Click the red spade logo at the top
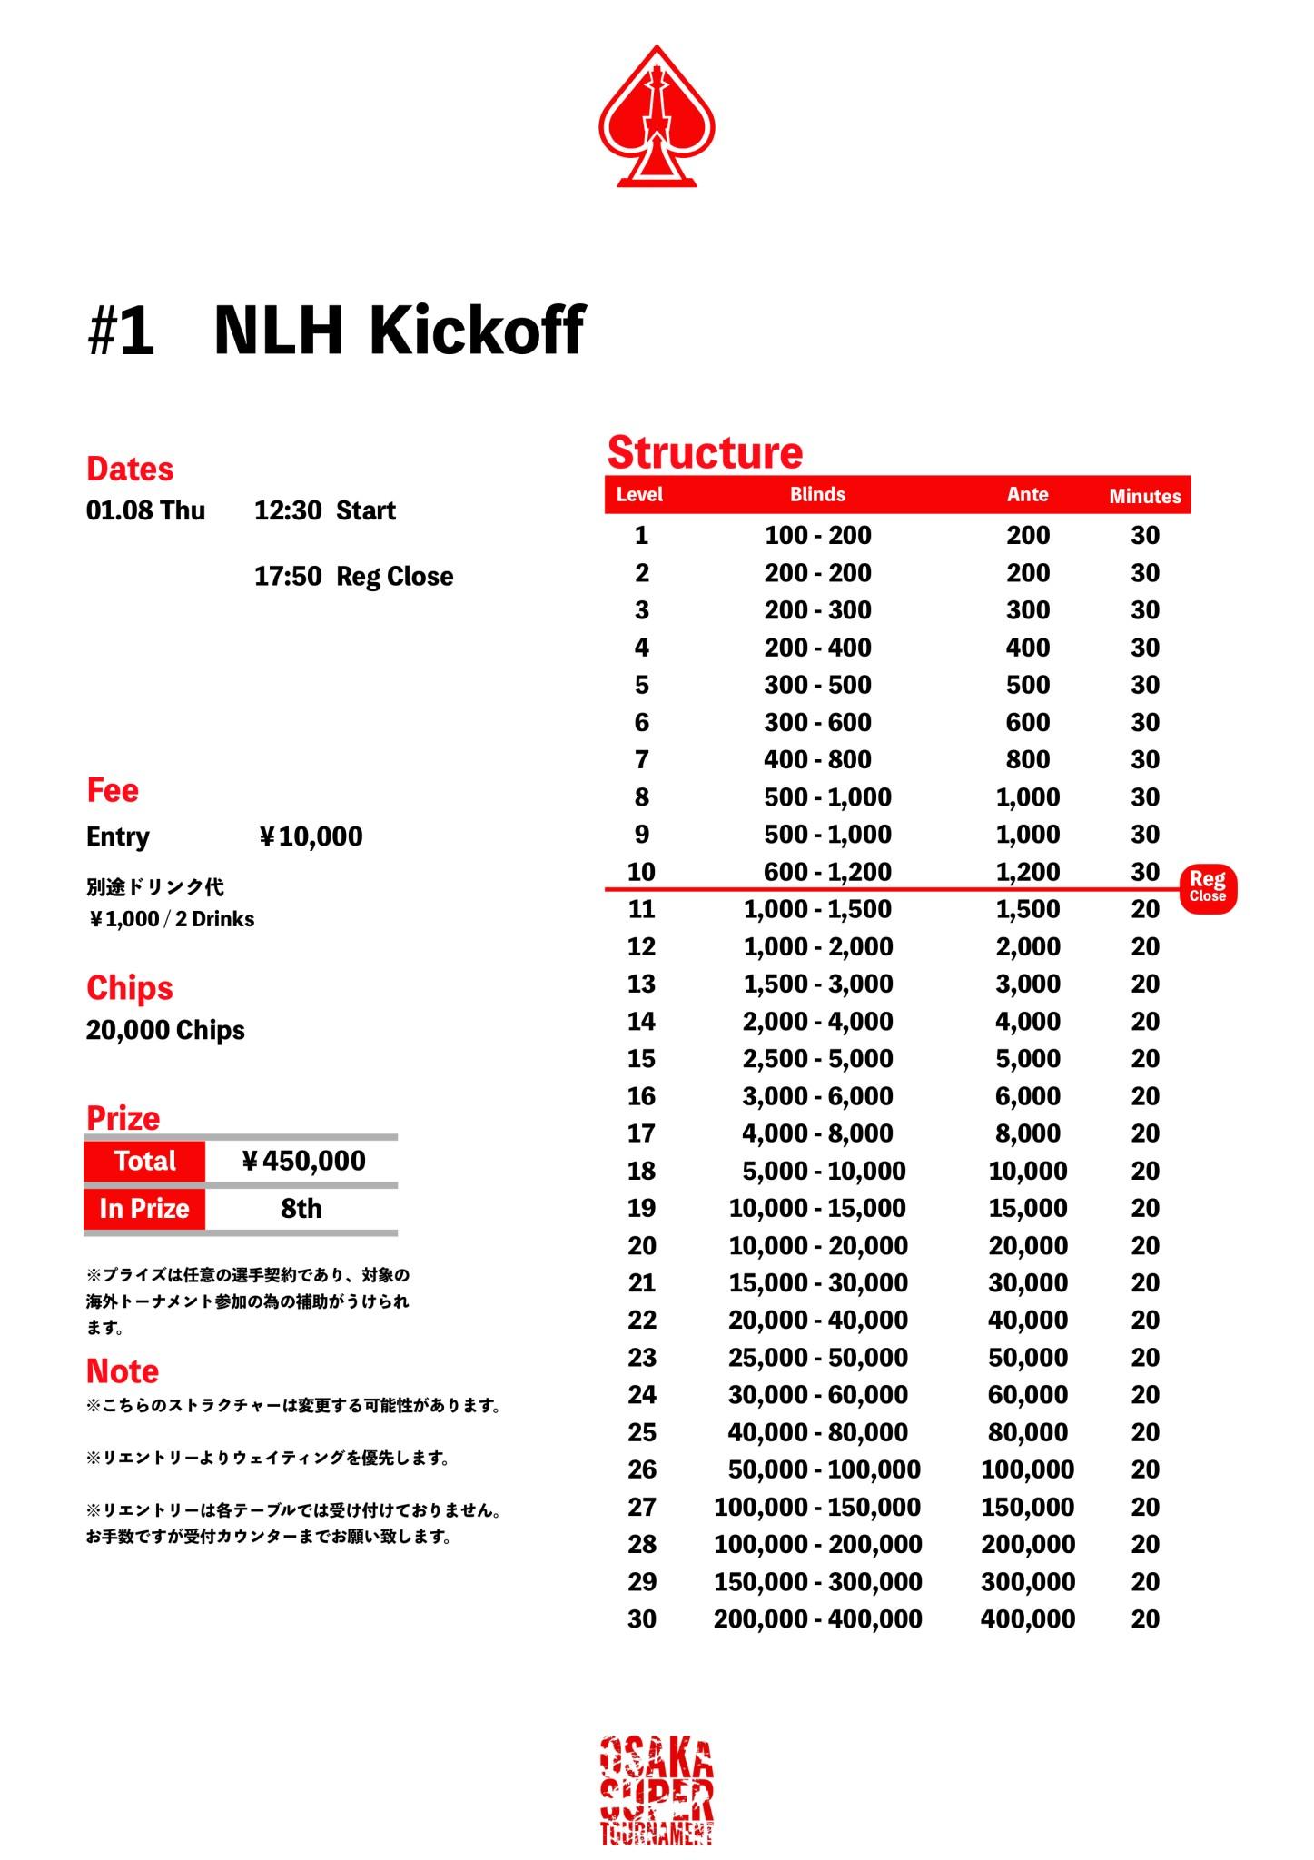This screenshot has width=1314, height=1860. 657,116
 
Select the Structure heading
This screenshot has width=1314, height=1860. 705,452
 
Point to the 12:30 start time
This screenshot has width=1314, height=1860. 287,510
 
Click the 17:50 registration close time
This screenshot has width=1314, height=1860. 287,577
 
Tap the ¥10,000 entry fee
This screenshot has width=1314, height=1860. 311,836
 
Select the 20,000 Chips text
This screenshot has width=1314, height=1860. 165,1031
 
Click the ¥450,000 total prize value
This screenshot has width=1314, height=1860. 303,1161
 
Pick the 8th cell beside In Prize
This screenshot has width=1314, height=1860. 301,1209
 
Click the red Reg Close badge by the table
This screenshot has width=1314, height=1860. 1208,886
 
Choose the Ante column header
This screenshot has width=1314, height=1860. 1027,495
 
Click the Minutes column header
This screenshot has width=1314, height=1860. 1144,496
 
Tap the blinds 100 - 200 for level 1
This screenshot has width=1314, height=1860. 817,536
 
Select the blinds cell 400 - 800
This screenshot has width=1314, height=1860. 817,760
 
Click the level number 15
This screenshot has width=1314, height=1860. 641,1059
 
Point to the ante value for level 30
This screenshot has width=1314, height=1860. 1027,1619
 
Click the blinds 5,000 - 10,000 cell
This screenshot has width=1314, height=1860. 824,1172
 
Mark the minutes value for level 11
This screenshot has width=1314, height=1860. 1144,909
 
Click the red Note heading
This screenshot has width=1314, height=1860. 123,1370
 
